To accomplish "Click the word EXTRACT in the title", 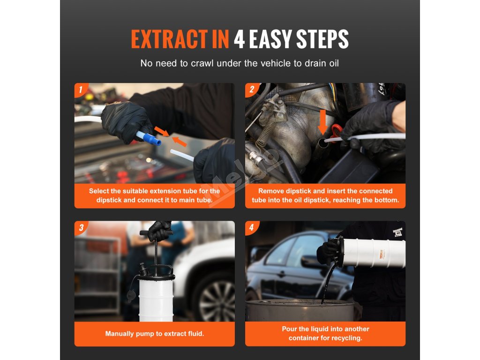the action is click(169, 39).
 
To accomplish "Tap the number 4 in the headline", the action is click(240, 39).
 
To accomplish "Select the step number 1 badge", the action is click(81, 90).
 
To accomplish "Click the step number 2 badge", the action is click(251, 90).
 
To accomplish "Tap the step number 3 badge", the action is click(81, 227).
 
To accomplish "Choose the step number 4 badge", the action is click(251, 227).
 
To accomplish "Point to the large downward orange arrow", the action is click(322, 122).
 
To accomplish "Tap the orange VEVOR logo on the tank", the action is click(382, 254).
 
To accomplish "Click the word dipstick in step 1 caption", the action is click(109, 200).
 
